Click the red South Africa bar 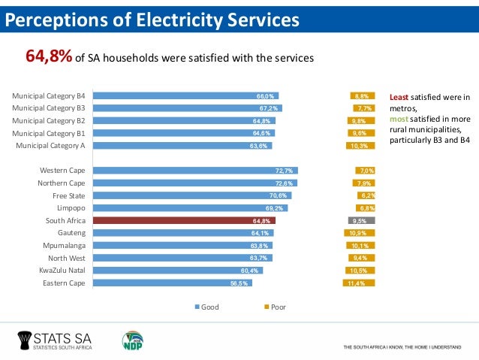[x=183, y=221]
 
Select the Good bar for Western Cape [x=194, y=171]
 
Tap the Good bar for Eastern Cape [x=172, y=283]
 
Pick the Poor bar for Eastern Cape [x=360, y=283]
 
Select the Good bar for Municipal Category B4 [x=185, y=96]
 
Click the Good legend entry [x=206, y=307]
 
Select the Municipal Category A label [x=50, y=146]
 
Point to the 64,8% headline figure [x=49, y=56]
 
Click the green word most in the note [x=398, y=119]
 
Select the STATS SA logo [x=59, y=341]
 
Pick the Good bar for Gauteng [x=182, y=233]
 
